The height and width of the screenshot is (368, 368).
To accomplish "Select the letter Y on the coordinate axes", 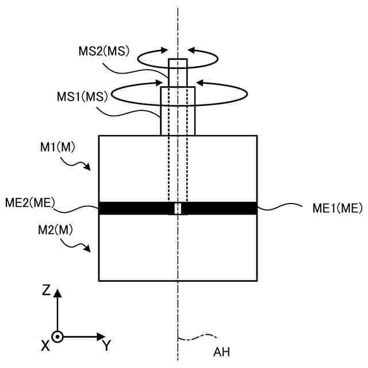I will [x=106, y=346].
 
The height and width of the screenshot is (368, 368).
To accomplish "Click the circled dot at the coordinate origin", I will [x=57, y=336].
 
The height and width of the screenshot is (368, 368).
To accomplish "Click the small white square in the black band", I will [x=178, y=208].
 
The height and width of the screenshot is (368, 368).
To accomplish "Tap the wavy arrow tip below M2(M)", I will [x=89, y=248].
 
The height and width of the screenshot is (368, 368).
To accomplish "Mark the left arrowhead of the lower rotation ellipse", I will [x=164, y=81].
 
